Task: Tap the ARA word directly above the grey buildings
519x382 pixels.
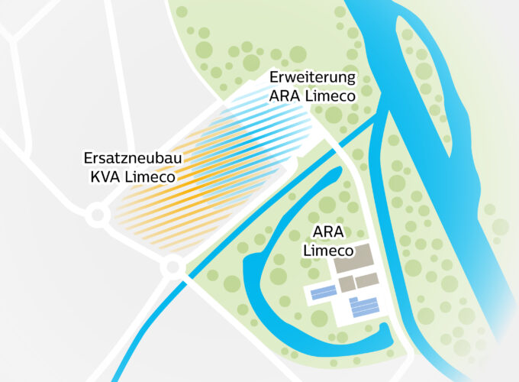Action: [x=327, y=232]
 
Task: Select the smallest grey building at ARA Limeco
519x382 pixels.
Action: [x=346, y=283]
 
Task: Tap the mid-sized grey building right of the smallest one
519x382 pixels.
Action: [x=366, y=280]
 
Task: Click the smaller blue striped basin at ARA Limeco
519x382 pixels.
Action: [x=324, y=292]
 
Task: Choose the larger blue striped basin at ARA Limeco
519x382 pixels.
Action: [x=365, y=307]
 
